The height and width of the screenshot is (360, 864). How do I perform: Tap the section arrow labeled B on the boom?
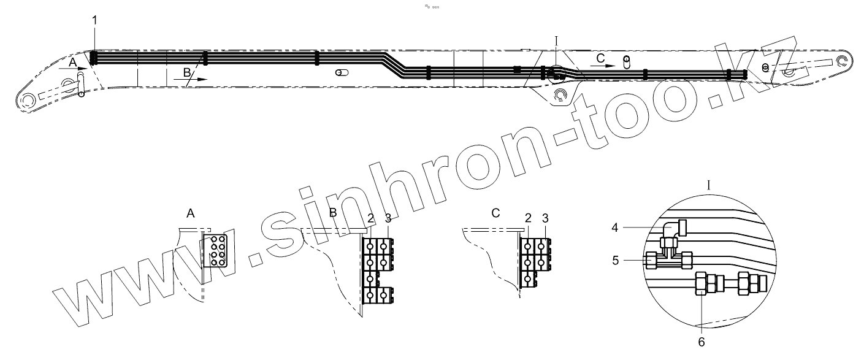[x=195, y=79]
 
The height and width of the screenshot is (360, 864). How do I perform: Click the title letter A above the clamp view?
[x=190, y=213]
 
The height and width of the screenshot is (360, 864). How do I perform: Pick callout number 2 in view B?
[x=370, y=218]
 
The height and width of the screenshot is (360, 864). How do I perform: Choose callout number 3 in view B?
[x=388, y=218]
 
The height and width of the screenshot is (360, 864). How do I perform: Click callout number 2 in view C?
[x=529, y=218]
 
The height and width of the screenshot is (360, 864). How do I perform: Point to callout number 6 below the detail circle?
[x=702, y=342]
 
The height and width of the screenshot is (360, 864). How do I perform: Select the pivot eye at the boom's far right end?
[x=844, y=60]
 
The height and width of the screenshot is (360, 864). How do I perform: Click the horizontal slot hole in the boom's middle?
[x=342, y=72]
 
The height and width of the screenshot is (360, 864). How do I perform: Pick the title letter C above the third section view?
[x=495, y=213]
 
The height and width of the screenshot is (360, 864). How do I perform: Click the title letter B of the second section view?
[x=333, y=213]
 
